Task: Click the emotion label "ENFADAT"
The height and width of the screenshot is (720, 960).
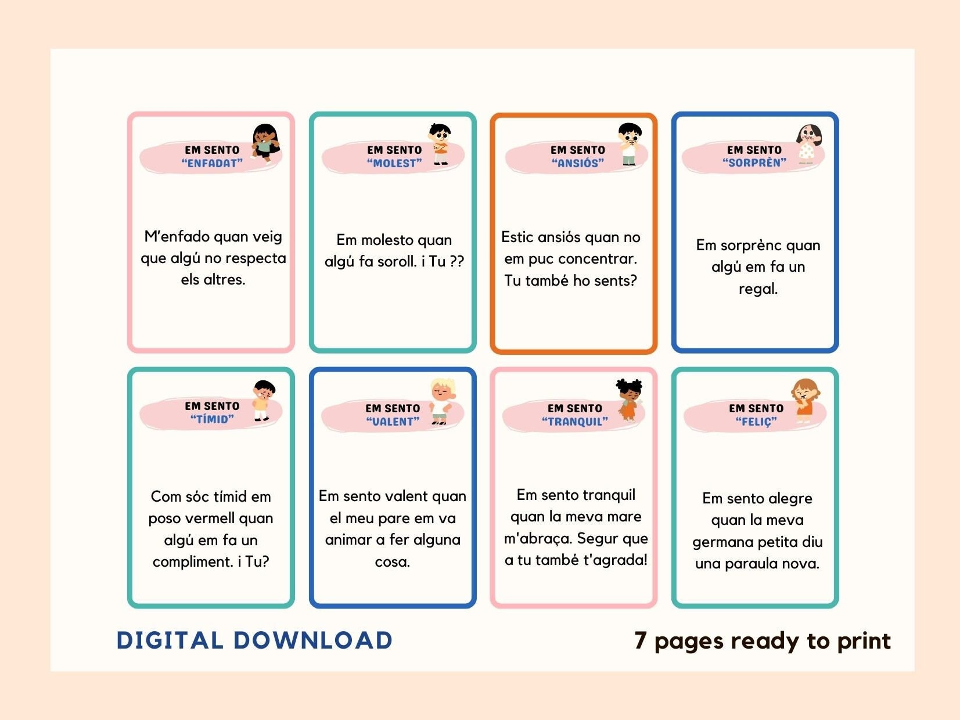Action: coord(212,164)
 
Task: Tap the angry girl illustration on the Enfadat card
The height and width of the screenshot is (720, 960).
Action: coord(266,143)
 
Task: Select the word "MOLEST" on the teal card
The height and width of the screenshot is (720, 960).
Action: coord(394,164)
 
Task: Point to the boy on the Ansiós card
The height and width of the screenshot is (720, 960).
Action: coord(630,144)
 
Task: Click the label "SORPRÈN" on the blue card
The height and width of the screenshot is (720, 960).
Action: coord(754,163)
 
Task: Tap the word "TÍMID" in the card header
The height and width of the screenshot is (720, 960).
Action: coord(212,419)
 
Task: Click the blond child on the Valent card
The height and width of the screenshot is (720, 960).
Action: coord(442,401)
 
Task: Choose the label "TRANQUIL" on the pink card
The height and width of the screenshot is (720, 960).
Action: coord(575,422)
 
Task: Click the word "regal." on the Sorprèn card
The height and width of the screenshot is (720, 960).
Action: coord(758,289)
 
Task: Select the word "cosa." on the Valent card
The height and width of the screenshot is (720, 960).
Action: coord(393,561)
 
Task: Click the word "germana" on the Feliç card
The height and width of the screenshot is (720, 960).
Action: coord(722,542)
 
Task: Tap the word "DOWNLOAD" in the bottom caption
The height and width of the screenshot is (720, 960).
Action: coord(313,640)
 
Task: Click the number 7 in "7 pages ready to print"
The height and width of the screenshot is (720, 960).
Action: coord(640,640)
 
